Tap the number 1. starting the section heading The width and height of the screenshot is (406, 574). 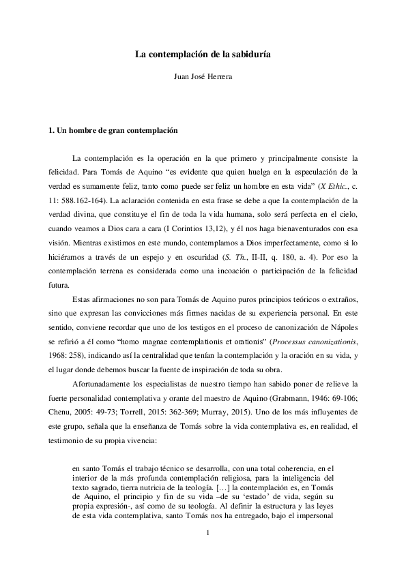tap(44, 129)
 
